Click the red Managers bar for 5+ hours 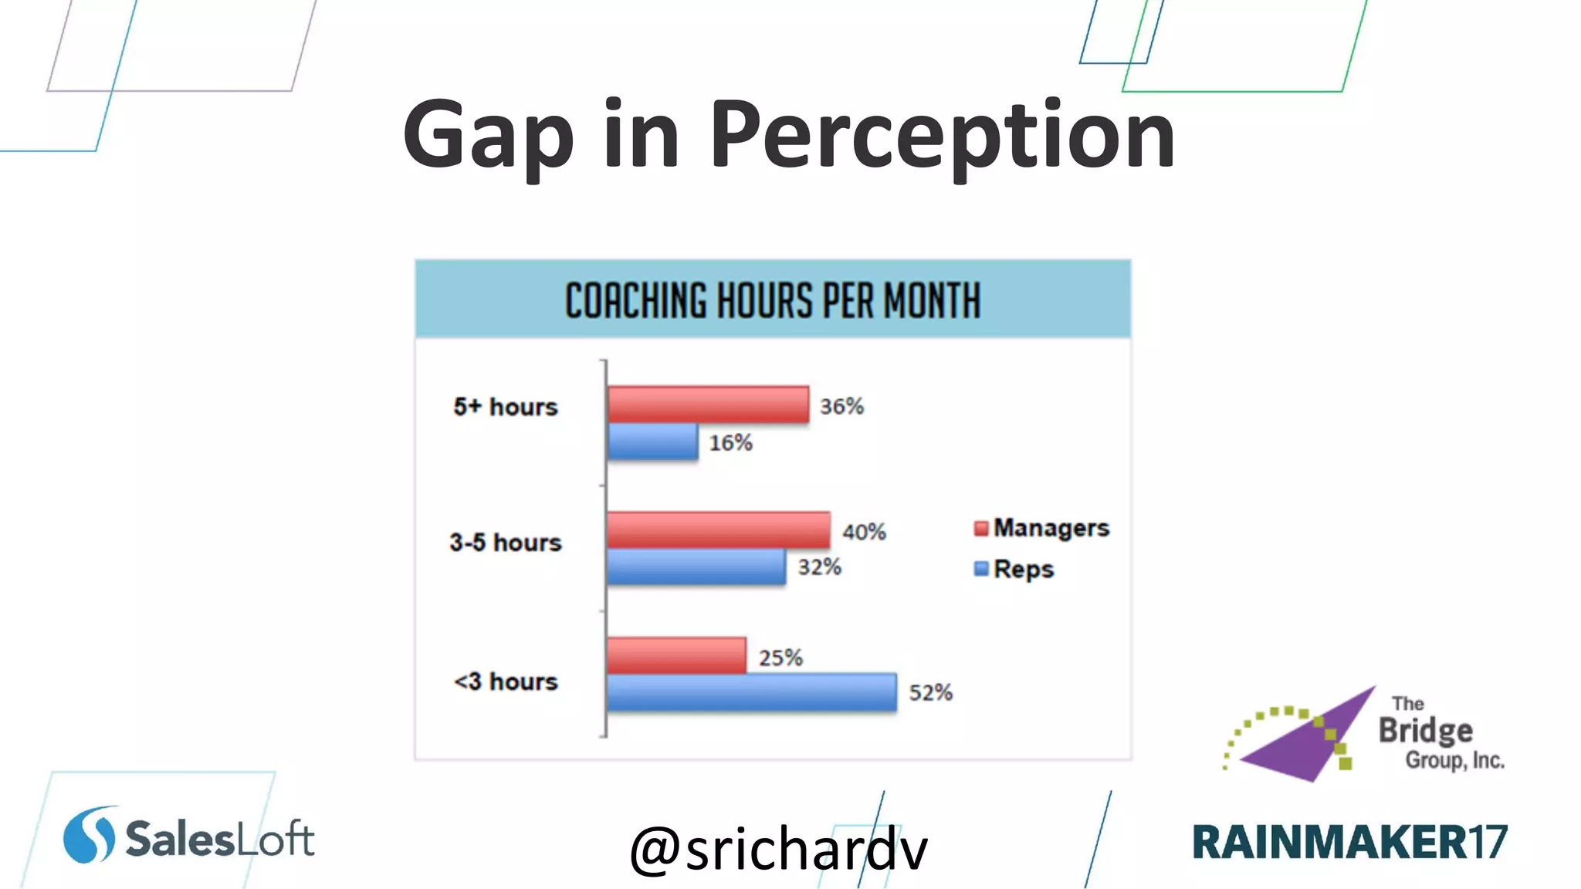(x=708, y=404)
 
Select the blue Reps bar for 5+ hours (x=653, y=442)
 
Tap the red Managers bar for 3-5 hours (x=719, y=530)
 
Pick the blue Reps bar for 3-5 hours (x=696, y=567)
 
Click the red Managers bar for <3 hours (x=677, y=656)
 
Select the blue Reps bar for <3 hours (x=752, y=692)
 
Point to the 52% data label (x=930, y=693)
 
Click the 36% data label (x=841, y=407)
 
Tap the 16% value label (x=730, y=443)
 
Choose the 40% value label (x=864, y=532)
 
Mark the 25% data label (x=780, y=658)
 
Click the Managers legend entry (x=1041, y=529)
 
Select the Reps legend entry (x=1014, y=570)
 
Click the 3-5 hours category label (x=506, y=543)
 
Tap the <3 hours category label (x=506, y=682)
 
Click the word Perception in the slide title (x=942, y=135)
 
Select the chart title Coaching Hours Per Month (x=773, y=301)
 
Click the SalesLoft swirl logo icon (x=89, y=835)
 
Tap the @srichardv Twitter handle (x=778, y=849)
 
